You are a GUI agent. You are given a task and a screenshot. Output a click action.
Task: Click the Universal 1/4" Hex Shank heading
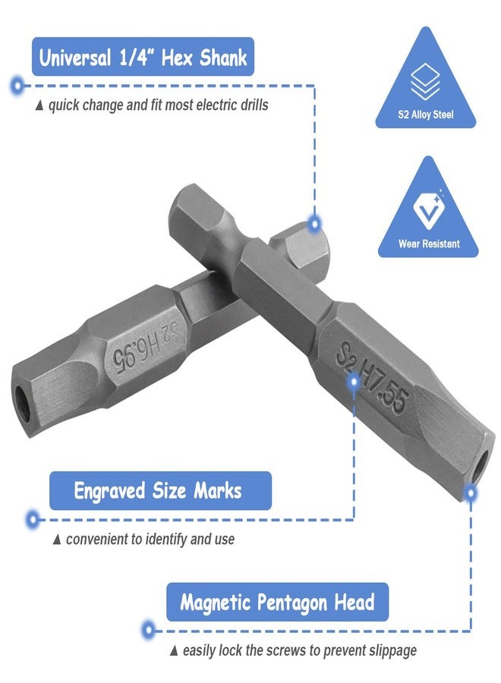tap(143, 57)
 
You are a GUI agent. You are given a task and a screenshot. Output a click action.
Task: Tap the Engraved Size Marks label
tap(157, 491)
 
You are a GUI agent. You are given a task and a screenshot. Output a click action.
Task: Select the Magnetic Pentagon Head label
tap(277, 603)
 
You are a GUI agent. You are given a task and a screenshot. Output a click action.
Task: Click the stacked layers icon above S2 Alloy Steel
tap(425, 81)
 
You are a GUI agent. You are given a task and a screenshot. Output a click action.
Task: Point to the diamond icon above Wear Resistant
tap(429, 210)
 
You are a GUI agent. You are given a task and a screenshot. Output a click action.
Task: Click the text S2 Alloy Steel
tap(425, 115)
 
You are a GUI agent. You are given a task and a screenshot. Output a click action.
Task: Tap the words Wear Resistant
tap(429, 244)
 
